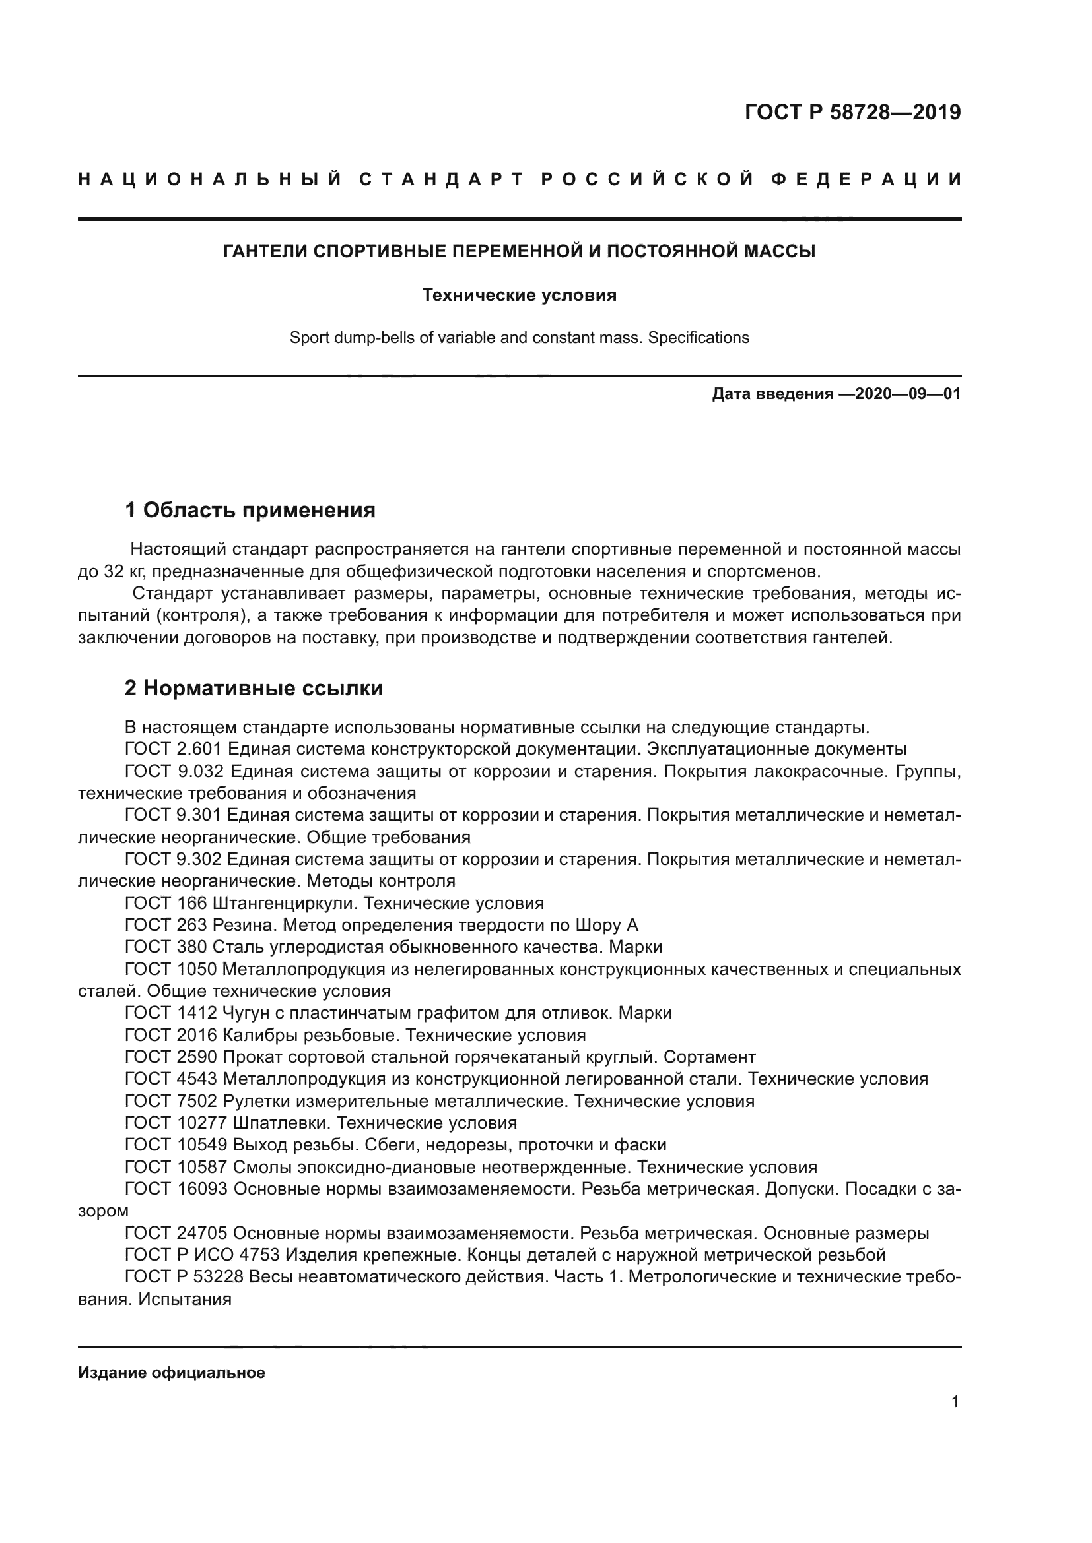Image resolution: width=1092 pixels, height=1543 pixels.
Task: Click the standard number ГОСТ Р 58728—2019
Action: tap(852, 112)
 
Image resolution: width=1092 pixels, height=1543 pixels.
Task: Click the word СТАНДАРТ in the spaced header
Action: tap(441, 179)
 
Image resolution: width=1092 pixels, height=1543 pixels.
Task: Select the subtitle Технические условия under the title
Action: tap(519, 295)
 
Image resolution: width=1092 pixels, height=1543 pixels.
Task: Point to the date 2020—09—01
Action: tap(908, 394)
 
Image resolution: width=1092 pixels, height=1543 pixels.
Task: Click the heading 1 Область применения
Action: tap(250, 510)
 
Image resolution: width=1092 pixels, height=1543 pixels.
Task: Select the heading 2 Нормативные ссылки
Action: tap(254, 688)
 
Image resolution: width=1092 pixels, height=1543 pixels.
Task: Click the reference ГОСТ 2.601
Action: tap(173, 749)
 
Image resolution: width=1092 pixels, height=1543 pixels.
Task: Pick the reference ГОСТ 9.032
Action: tap(173, 772)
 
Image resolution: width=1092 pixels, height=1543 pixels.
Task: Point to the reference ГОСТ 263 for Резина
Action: tap(166, 926)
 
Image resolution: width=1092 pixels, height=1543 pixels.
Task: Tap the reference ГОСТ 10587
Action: tap(176, 1168)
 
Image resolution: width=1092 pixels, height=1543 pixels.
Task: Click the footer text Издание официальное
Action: tap(172, 1373)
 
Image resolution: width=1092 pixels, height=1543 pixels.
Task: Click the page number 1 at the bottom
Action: tap(955, 1402)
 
